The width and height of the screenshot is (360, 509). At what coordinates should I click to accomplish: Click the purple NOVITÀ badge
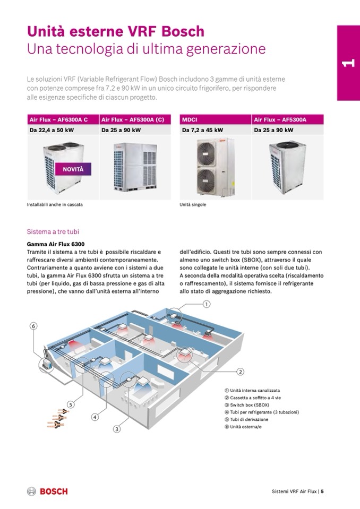coord(73,169)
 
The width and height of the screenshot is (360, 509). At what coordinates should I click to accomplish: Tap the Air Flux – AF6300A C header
coord(57,119)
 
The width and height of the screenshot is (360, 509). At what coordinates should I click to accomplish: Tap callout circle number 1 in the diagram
coord(207,304)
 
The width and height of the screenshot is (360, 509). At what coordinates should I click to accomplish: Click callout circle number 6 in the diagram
coord(33,326)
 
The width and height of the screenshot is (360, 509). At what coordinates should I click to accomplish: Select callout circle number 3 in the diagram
coord(116,429)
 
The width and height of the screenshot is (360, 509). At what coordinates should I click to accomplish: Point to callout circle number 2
coord(240,371)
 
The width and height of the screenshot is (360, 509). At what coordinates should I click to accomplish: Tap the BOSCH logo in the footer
coord(48,491)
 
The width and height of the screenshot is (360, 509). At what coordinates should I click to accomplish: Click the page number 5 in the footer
coord(322,491)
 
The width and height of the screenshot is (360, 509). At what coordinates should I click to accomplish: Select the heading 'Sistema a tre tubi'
coord(53,232)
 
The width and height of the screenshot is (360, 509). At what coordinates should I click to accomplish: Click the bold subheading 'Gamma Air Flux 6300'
coord(55,244)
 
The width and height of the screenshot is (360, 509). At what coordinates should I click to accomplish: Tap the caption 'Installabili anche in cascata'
coord(55,204)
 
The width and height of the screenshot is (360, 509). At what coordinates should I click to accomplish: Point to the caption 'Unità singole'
coord(193,204)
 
